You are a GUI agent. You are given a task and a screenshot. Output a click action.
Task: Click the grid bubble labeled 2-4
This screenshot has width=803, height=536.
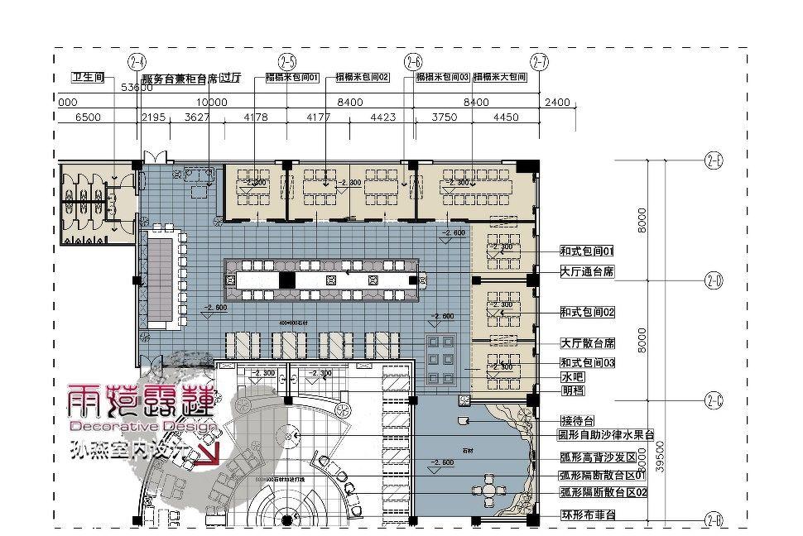(x=137, y=61)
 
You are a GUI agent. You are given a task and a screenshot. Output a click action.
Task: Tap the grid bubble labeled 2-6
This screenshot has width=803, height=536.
(x=413, y=61)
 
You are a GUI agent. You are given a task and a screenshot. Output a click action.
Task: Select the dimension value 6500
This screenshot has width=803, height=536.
(x=88, y=117)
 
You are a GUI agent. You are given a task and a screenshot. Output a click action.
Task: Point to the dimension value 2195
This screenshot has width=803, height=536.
(x=155, y=117)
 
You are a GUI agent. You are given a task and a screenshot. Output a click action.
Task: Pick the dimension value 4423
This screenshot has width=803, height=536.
(x=382, y=117)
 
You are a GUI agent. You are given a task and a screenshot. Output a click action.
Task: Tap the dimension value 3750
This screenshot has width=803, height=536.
(x=445, y=117)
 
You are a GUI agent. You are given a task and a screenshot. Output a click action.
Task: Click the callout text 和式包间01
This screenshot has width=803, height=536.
(x=587, y=250)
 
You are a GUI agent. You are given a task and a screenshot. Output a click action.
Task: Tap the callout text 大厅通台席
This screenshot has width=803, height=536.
(x=587, y=271)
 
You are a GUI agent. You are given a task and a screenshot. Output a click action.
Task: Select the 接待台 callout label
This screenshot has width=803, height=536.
(x=577, y=420)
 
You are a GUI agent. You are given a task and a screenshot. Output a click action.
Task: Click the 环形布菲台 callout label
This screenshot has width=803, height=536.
(x=587, y=515)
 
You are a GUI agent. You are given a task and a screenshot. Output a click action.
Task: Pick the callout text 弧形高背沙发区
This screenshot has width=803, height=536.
(x=596, y=457)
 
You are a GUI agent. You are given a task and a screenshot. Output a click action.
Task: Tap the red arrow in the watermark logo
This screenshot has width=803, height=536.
(x=210, y=452)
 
